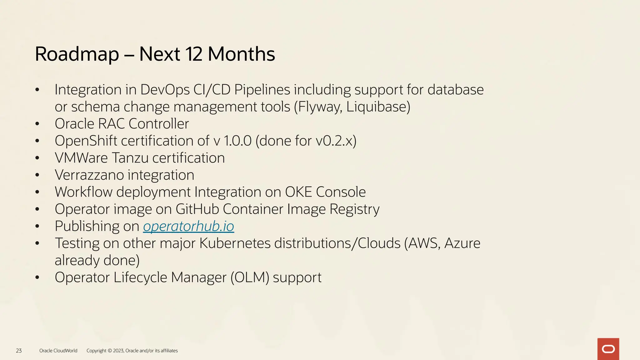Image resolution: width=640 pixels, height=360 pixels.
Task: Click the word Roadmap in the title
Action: [x=77, y=54]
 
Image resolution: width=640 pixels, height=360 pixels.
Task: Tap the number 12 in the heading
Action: [x=194, y=54]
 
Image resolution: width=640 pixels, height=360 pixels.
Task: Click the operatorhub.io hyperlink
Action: [x=188, y=226]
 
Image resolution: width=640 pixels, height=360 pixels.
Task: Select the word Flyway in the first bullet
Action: [x=320, y=107]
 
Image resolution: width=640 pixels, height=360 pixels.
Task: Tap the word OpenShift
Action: [x=86, y=141]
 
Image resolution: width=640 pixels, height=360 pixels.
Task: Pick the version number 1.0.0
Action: [x=237, y=141]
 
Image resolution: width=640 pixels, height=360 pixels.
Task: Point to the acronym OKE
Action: [x=298, y=192]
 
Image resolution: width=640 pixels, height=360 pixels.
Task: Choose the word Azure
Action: [x=462, y=243]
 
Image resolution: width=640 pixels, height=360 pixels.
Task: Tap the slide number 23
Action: [x=19, y=351]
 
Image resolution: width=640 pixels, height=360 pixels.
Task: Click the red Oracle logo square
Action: [x=608, y=349]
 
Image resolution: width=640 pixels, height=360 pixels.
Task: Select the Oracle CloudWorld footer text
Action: [x=58, y=351]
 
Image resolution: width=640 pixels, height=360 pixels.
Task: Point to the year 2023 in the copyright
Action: [x=118, y=351]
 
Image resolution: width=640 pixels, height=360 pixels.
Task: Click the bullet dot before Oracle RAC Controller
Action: [x=37, y=124]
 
